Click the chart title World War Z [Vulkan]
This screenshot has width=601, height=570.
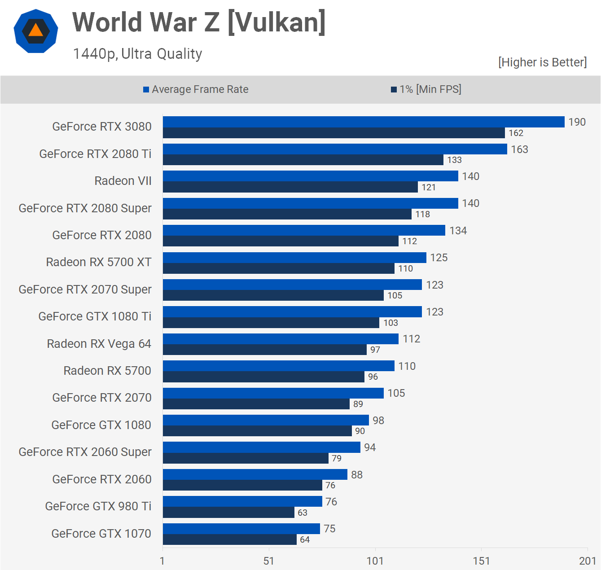point(199,22)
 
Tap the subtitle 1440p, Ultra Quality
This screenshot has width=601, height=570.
point(137,54)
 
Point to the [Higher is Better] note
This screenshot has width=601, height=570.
point(542,62)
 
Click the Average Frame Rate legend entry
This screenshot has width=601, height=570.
point(196,89)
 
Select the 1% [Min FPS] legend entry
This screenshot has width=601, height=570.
point(426,89)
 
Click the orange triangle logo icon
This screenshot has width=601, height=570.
point(36,31)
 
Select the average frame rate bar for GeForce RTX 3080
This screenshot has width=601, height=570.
point(364,122)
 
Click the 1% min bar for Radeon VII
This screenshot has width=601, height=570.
point(290,187)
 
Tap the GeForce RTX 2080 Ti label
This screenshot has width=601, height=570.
point(95,154)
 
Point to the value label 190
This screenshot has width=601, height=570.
point(577,122)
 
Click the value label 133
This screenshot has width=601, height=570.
point(454,160)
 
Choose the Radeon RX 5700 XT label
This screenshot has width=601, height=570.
point(99,262)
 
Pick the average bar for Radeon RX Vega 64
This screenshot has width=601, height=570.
point(281,339)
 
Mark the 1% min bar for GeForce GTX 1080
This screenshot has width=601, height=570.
point(257,431)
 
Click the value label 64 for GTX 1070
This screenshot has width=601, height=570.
point(305,539)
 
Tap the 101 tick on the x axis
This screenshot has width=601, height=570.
point(375,561)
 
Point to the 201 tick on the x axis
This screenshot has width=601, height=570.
point(587,561)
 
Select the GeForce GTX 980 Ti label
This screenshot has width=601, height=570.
point(98,506)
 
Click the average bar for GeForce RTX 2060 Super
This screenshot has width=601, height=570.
point(261,447)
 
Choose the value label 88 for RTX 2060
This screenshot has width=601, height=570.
point(357,475)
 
